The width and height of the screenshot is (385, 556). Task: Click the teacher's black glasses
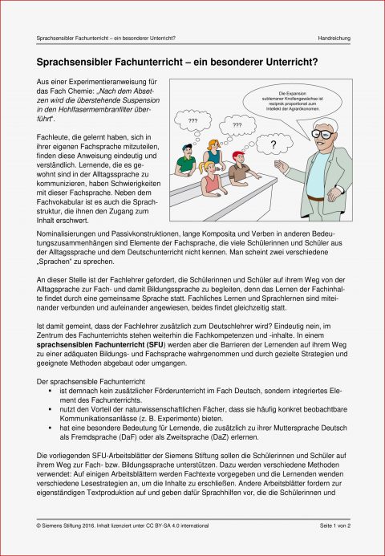[321, 133]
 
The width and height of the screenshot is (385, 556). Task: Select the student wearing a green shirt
[187, 162]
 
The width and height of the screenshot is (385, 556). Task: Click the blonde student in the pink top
[212, 178]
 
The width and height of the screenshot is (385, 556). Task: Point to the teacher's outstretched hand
[280, 166]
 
